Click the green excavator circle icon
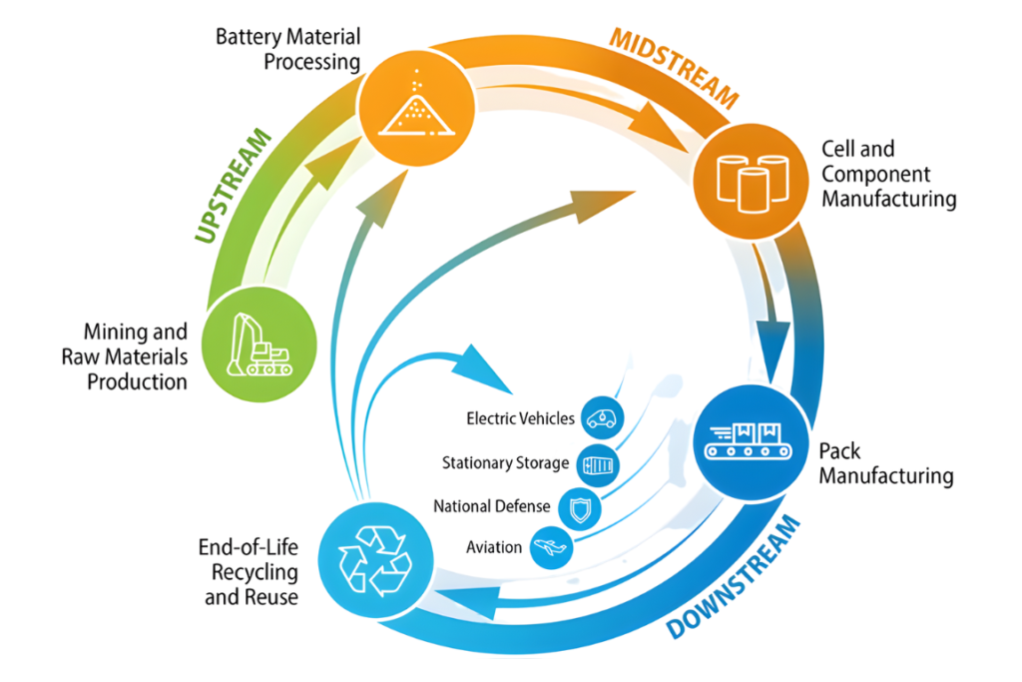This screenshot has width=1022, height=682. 258,341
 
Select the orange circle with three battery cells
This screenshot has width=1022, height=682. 751,178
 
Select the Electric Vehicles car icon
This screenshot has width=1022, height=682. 601,418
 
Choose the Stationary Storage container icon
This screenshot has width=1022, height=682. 599,463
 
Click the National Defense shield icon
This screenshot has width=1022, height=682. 578,508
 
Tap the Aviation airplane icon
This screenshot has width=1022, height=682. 550,547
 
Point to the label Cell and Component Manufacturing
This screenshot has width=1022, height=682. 888,174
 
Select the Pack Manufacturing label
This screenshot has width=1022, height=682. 885,462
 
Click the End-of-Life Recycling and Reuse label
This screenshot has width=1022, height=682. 251,571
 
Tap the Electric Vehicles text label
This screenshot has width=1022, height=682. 520,418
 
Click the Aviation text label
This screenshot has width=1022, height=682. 494,547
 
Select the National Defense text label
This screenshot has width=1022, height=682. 491,506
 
